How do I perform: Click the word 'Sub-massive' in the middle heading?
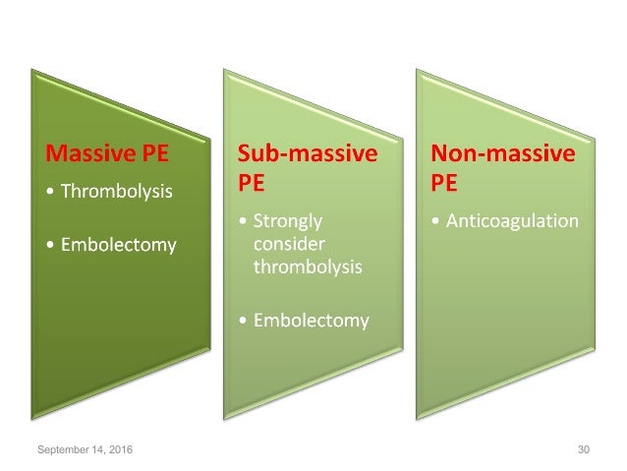point(306,154)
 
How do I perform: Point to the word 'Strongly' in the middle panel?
point(288,221)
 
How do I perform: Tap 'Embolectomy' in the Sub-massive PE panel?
point(311,320)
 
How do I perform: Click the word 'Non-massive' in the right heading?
point(504,154)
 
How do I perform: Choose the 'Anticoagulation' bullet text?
point(512,221)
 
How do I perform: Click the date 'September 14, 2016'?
point(86,448)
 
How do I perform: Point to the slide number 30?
point(584,448)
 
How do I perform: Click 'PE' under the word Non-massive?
point(446,185)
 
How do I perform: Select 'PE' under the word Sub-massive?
point(253,185)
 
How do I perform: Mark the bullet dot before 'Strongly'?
point(244,222)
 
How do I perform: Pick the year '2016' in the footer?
point(122,448)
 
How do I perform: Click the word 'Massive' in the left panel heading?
point(88,154)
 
